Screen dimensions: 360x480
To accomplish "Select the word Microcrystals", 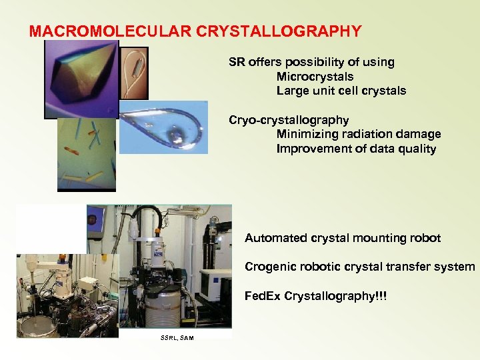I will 315,77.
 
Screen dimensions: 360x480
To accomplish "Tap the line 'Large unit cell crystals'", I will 341,91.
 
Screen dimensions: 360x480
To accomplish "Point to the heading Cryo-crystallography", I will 289,120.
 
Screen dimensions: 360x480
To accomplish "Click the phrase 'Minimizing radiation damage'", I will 358,134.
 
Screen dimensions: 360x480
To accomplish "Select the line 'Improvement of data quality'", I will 355,149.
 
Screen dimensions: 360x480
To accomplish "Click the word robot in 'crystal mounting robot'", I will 424,238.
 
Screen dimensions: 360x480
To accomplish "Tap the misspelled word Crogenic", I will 269,267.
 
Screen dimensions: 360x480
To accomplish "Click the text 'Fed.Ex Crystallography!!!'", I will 315,295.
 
